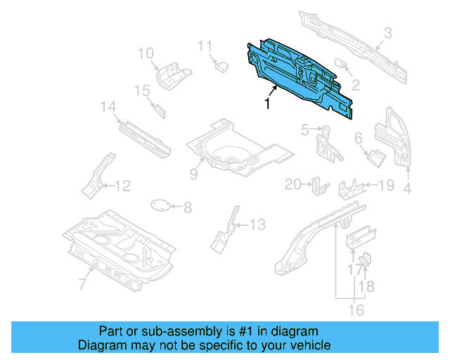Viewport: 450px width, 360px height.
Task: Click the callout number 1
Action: click(267, 103)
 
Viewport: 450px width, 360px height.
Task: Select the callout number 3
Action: click(387, 32)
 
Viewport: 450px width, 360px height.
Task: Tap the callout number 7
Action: click(82, 284)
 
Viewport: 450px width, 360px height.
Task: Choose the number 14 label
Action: click(108, 107)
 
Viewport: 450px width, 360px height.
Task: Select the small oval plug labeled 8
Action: click(161, 205)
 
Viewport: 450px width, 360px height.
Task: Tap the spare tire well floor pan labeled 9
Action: click(229, 146)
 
